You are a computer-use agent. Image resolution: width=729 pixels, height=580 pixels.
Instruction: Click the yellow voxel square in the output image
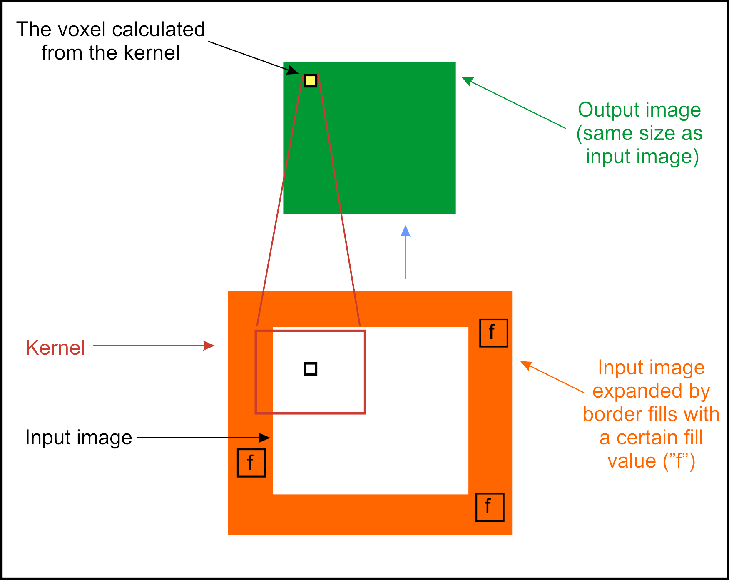click(x=310, y=80)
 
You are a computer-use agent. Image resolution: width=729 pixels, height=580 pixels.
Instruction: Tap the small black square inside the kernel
click(x=310, y=369)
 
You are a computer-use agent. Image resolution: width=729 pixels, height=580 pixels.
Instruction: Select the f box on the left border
click(x=251, y=463)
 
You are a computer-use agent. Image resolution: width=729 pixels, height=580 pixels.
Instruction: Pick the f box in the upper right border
click(x=493, y=333)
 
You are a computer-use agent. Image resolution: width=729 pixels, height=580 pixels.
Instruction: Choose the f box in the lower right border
click(x=490, y=507)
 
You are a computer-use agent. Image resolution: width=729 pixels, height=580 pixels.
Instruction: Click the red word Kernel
click(x=55, y=348)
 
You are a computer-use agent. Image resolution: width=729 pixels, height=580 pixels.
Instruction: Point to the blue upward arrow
click(x=406, y=252)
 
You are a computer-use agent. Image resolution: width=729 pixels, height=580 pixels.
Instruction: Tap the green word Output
click(x=605, y=110)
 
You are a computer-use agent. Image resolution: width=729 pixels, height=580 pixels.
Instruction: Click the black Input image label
click(x=79, y=438)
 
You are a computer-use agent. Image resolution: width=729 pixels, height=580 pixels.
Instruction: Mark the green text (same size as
click(x=639, y=133)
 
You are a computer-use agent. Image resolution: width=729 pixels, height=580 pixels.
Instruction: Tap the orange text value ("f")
click(x=651, y=461)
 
